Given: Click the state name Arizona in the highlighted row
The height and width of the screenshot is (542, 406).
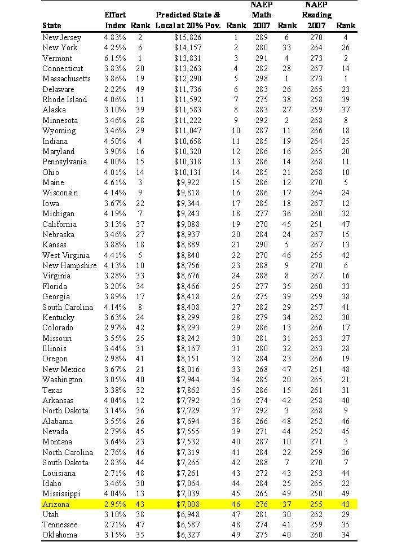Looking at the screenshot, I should pos(56,504).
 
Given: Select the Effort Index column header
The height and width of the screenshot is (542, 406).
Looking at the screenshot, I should pos(116,19).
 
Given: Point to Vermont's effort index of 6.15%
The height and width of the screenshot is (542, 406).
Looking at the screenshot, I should pos(116,58).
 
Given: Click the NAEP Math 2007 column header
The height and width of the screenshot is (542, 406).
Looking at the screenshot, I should pos(261,15).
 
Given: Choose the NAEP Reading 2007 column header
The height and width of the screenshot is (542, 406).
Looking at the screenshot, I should pos(316,15).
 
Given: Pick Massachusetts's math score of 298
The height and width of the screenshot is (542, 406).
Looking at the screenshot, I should pos(261,79).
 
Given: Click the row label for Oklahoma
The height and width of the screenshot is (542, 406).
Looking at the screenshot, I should pos(60,535).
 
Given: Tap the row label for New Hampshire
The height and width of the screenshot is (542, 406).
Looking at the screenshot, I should pos(69,265).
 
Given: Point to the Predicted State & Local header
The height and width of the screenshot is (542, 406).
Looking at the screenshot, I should pos(188,19).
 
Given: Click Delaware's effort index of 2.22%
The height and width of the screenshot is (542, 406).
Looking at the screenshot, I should pos(116,89).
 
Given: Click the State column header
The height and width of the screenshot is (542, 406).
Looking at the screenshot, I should pos(52,25).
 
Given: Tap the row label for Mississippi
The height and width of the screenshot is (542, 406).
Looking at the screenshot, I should pos(62,494).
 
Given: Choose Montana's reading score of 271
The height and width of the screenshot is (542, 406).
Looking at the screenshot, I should pos(316,442).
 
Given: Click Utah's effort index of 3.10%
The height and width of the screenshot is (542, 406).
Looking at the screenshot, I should pos(116,514).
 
